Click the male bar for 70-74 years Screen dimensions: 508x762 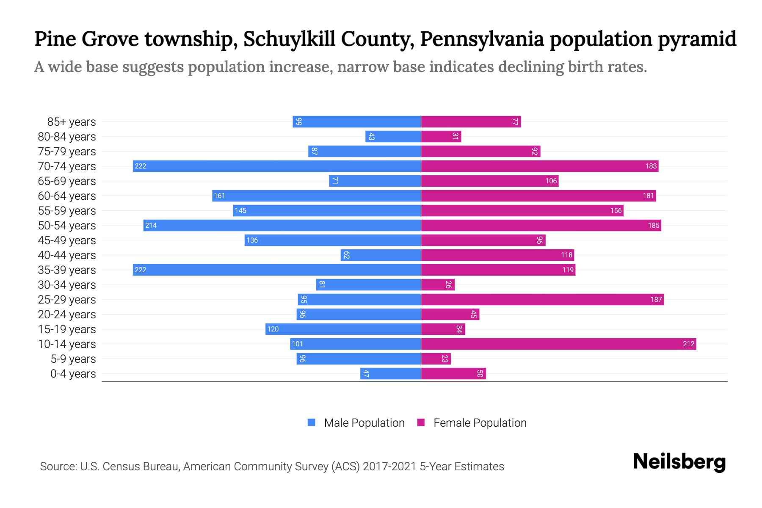[277, 166]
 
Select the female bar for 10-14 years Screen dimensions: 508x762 [558, 344]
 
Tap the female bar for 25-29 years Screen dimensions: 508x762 [542, 299]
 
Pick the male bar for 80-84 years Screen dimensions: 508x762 [393, 136]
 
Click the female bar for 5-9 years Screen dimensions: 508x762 [436, 359]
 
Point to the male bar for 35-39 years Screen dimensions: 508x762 [277, 270]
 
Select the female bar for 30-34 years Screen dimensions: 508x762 [438, 284]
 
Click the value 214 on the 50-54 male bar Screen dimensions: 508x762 [151, 225]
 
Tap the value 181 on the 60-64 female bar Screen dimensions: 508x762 [648, 196]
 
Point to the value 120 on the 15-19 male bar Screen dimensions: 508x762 [273, 329]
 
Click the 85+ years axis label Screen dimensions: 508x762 [72, 122]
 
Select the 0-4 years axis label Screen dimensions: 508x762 [73, 374]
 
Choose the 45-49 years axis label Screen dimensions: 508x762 [67, 240]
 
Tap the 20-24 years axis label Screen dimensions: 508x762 [67, 315]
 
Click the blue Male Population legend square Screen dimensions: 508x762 [312, 422]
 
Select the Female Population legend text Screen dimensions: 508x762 [480, 423]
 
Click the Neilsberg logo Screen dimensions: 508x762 [679, 462]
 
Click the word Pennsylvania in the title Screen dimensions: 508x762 [482, 39]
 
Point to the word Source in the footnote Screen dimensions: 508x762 [58, 467]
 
